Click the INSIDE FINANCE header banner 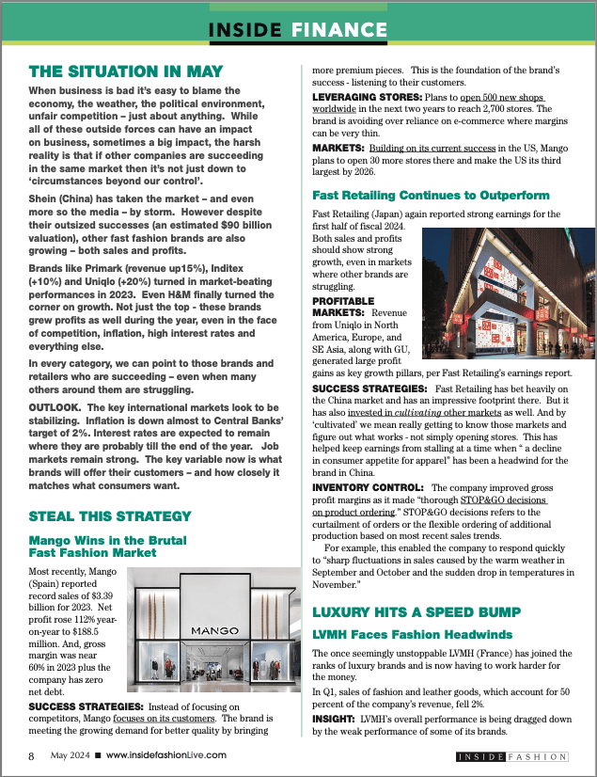[298, 29]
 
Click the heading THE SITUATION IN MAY [126, 71]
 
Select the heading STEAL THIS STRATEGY [110, 515]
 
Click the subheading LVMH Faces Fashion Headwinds [412, 635]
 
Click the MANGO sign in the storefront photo [214, 630]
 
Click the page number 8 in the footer [31, 755]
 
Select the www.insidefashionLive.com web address [165, 755]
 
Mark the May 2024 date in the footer [70, 755]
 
